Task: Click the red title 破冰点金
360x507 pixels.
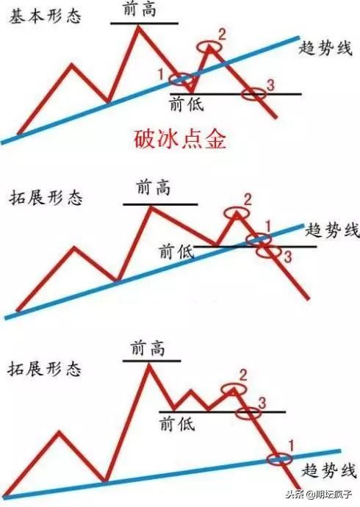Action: pyautogui.click(x=180, y=140)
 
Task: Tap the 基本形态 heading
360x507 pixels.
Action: pyautogui.click(x=45, y=16)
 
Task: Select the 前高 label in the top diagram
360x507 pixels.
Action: pyautogui.click(x=140, y=10)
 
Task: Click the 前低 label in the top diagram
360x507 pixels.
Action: pyautogui.click(x=187, y=104)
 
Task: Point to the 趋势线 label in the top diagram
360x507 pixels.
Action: pyautogui.click(x=325, y=48)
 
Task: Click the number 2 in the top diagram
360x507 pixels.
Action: pyautogui.click(x=222, y=35)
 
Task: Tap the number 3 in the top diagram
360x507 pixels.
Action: pyautogui.click(x=270, y=85)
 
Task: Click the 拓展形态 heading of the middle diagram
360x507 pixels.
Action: pyautogui.click(x=46, y=197)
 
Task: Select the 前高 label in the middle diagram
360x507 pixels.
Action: pyautogui.click(x=153, y=187)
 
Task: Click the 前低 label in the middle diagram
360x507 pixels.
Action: pyautogui.click(x=176, y=251)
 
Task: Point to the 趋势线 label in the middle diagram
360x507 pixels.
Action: pyautogui.click(x=332, y=231)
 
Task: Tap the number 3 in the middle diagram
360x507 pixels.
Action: pyautogui.click(x=287, y=257)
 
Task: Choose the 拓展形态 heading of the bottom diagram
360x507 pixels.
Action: pyautogui.click(x=44, y=369)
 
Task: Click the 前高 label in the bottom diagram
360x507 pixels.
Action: pyautogui.click(x=148, y=348)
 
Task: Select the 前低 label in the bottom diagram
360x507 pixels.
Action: pyautogui.click(x=177, y=423)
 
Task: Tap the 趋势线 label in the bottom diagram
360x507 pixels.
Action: pyautogui.click(x=328, y=470)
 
